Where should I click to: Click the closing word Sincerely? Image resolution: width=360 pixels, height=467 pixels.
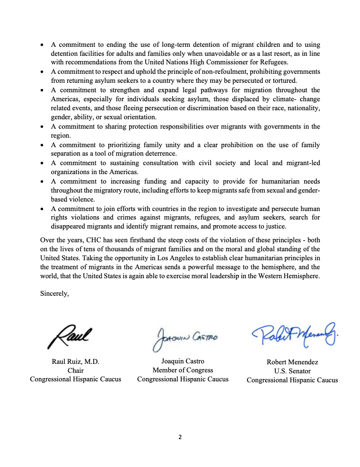[x=55, y=293]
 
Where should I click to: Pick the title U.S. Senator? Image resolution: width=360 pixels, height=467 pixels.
[x=292, y=371]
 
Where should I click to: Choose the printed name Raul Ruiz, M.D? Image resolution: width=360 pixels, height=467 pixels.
[x=76, y=362]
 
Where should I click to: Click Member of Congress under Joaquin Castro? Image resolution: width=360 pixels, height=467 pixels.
[x=183, y=370]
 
